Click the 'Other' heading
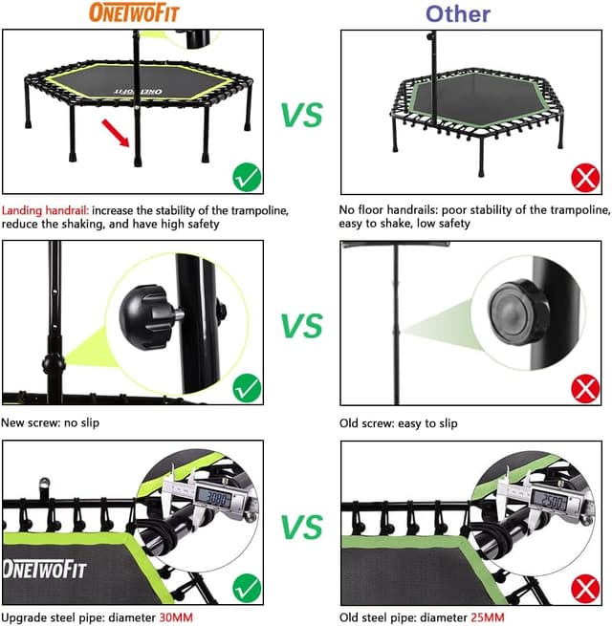(x=457, y=13)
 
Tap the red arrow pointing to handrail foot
(x=118, y=134)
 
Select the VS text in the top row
(x=302, y=114)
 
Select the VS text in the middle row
(x=302, y=326)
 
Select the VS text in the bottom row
(x=302, y=526)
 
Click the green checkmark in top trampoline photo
(x=248, y=177)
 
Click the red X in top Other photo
(x=585, y=177)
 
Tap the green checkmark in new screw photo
(x=248, y=387)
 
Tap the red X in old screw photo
(x=585, y=388)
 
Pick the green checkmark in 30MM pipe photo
(x=248, y=585)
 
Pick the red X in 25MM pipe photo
(x=585, y=585)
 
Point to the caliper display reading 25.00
(x=552, y=499)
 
